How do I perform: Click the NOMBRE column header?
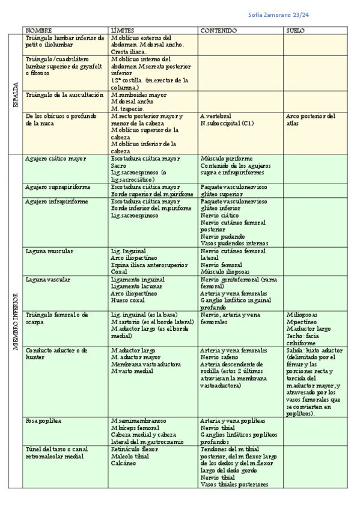point(38,30)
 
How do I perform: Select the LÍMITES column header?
point(123,30)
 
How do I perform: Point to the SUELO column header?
point(295,30)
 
